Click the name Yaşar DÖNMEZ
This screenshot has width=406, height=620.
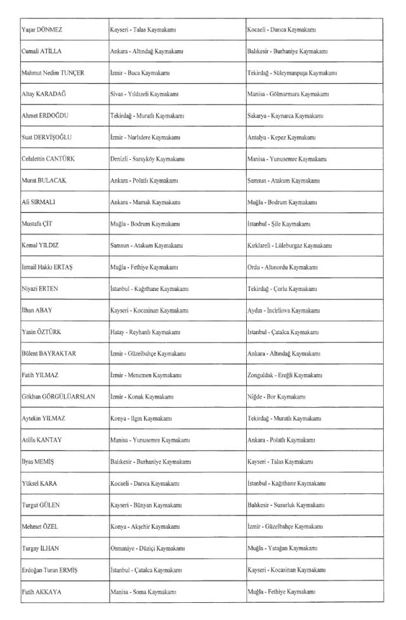pyautogui.click(x=42, y=30)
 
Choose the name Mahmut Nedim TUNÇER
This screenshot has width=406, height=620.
pyautogui.click(x=53, y=72)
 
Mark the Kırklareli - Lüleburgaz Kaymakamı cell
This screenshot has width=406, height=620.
pyautogui.click(x=289, y=245)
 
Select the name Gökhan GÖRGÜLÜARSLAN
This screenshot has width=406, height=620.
pyautogui.click(x=58, y=397)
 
